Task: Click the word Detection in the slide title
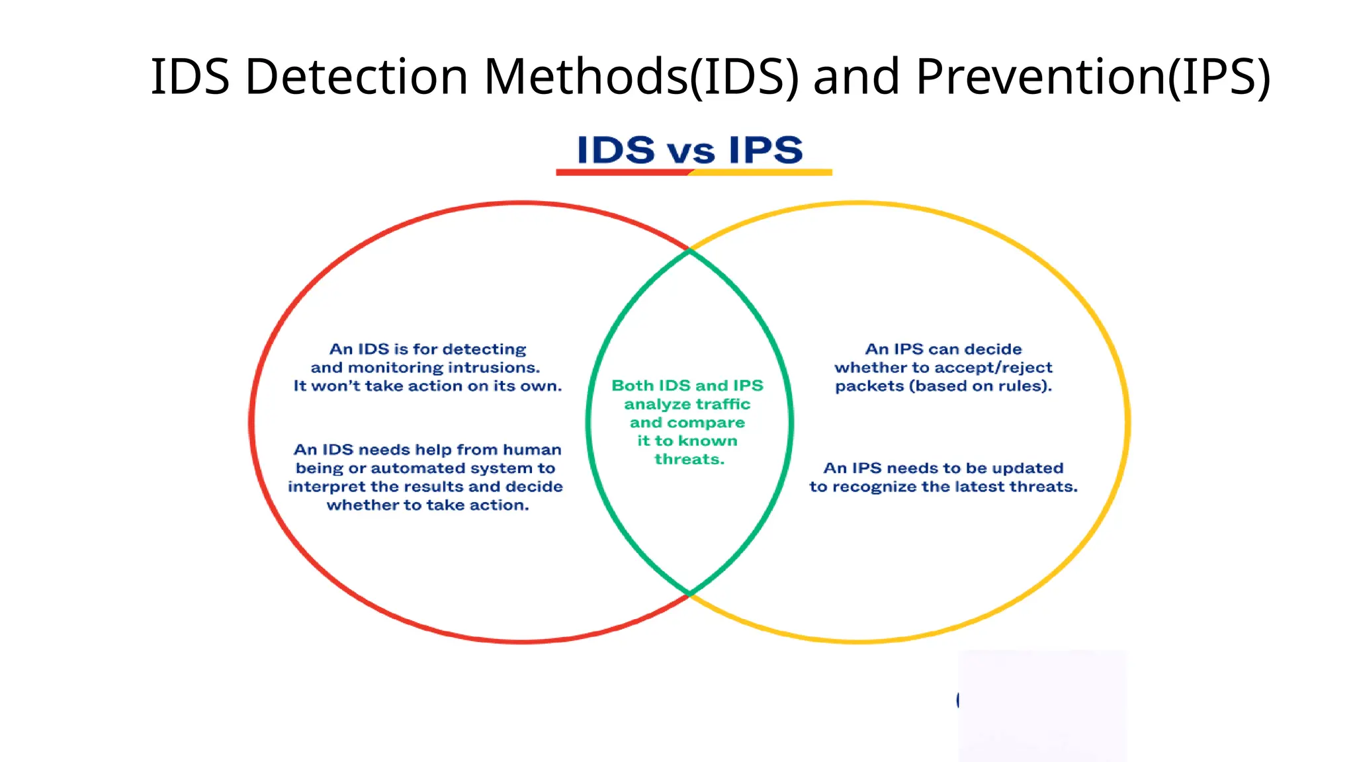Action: click(357, 77)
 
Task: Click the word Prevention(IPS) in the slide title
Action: click(1092, 77)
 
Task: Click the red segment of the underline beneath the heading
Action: click(622, 173)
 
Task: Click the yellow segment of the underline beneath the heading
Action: click(761, 173)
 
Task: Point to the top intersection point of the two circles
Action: click(689, 251)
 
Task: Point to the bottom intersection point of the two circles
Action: click(689, 593)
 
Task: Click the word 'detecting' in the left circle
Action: click(484, 349)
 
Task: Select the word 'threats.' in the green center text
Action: click(689, 460)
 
